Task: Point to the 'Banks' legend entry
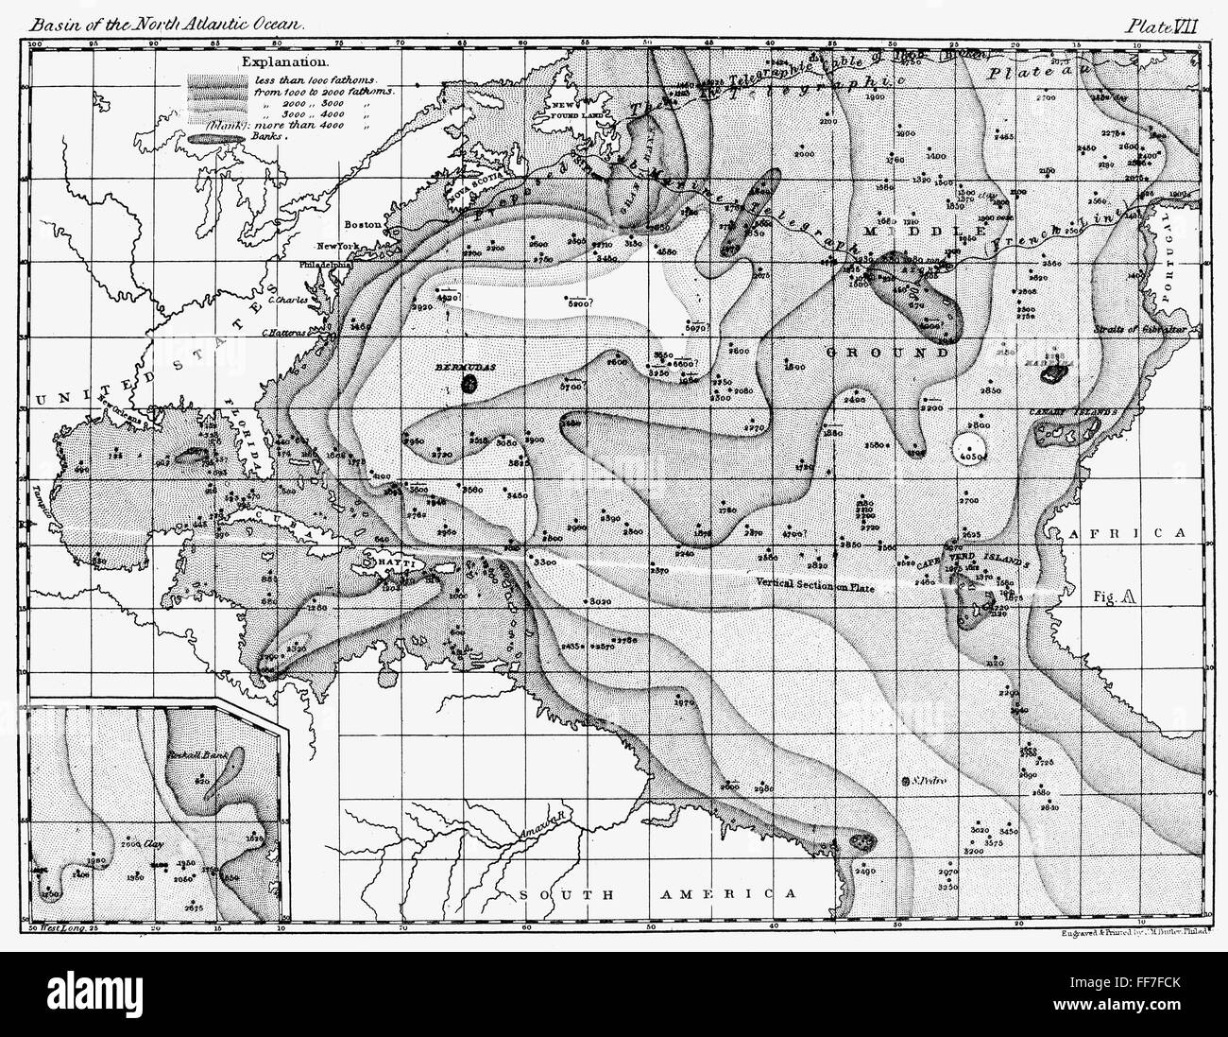274,136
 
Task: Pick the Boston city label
362,225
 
